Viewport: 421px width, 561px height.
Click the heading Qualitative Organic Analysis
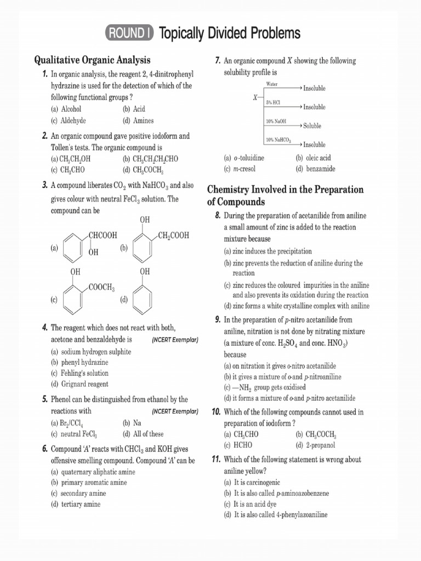(92, 60)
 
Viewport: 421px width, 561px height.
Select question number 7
(218, 60)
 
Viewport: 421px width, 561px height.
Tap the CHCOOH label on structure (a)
(103, 235)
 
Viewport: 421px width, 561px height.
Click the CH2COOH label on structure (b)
(173, 235)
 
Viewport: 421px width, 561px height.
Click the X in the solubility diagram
(255, 98)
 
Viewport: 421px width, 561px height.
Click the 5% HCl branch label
(273, 103)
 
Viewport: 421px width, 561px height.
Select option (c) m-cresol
(240, 169)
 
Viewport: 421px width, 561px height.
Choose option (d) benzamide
(315, 169)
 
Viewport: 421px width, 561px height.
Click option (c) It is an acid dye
(256, 503)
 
